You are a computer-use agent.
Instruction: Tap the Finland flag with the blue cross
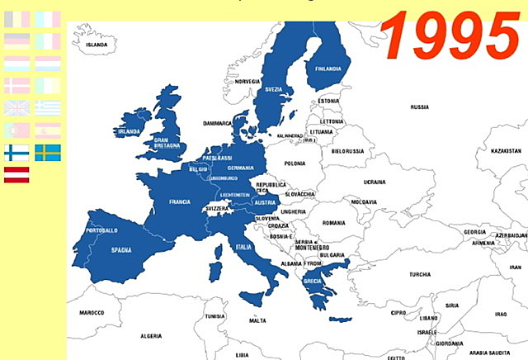[16, 152]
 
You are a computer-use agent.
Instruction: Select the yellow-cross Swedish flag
[47, 152]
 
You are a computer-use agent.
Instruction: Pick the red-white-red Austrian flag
[16, 174]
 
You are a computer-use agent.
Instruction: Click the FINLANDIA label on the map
[327, 69]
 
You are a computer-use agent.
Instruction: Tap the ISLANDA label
[97, 45]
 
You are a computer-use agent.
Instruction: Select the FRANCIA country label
[180, 201]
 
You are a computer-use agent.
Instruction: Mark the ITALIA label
[243, 247]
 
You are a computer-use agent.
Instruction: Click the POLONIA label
[295, 164]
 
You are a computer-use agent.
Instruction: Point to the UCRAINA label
[375, 181]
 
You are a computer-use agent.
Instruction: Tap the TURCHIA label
[420, 274]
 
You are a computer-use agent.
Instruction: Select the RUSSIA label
[419, 107]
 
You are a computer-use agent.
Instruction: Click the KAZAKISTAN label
[505, 152]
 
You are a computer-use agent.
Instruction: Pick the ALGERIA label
[151, 336]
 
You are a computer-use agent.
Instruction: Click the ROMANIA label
[334, 223]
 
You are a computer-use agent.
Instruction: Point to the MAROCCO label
[92, 314]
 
